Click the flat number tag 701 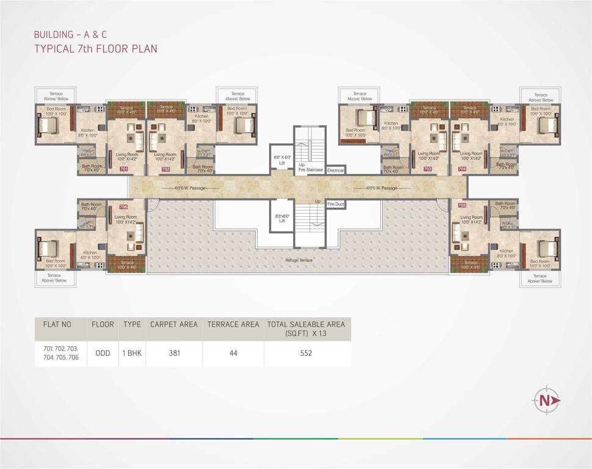123,169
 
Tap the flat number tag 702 165,169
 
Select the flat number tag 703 427,169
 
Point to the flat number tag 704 462,169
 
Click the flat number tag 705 462,206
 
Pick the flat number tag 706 123,206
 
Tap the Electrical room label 336,170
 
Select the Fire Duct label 336,204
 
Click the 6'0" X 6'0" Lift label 282,160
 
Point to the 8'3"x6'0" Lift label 282,219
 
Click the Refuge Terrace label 300,260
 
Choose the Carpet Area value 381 174,353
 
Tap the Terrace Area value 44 233,353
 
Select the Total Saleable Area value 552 306,353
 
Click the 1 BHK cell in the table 132,353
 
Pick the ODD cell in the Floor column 103,353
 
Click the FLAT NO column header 59,324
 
